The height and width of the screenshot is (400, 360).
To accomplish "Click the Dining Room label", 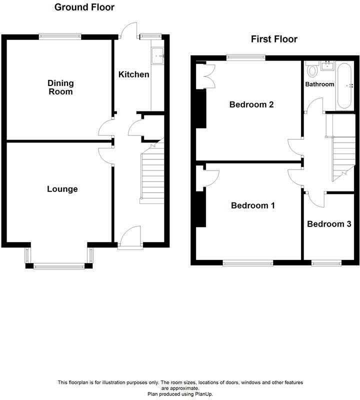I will pyautogui.click(x=60, y=87).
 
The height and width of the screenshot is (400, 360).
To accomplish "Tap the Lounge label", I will pyautogui.click(x=62, y=189).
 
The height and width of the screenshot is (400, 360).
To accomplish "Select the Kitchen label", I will pyautogui.click(x=133, y=74).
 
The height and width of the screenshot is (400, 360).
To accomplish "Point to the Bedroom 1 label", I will pyautogui.click(x=252, y=205).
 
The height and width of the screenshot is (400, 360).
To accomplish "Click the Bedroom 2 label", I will pyautogui.click(x=251, y=104).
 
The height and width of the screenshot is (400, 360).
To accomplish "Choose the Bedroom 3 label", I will pyautogui.click(x=329, y=224).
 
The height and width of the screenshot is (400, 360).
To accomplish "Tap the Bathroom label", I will pyautogui.click(x=319, y=84).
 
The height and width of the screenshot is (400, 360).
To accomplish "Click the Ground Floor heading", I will pyautogui.click(x=84, y=7).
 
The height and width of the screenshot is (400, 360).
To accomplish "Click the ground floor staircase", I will pyautogui.click(x=152, y=172).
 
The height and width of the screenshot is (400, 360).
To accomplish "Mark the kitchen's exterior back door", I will pyautogui.click(x=129, y=30).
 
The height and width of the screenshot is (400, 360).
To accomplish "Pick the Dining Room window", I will pyautogui.click(x=60, y=35).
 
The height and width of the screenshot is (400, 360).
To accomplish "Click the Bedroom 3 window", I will pyautogui.click(x=326, y=262).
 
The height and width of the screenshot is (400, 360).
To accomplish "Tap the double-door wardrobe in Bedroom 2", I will pyautogui.click(x=204, y=75).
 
